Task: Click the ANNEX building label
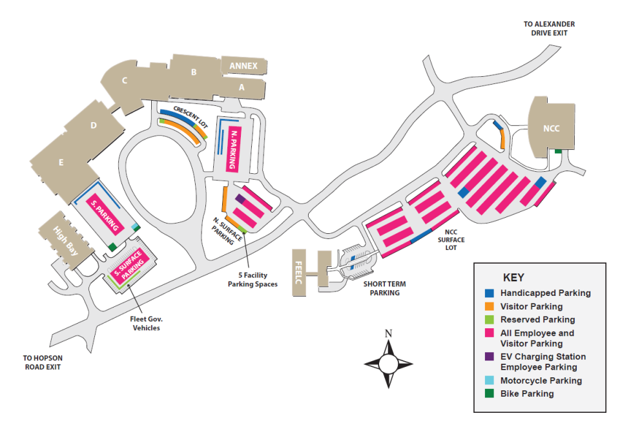(243, 66)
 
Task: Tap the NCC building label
(551, 128)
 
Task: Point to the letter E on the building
(61, 163)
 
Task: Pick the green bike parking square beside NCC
(558, 152)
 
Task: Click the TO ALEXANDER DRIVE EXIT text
(549, 28)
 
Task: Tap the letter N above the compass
(388, 334)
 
